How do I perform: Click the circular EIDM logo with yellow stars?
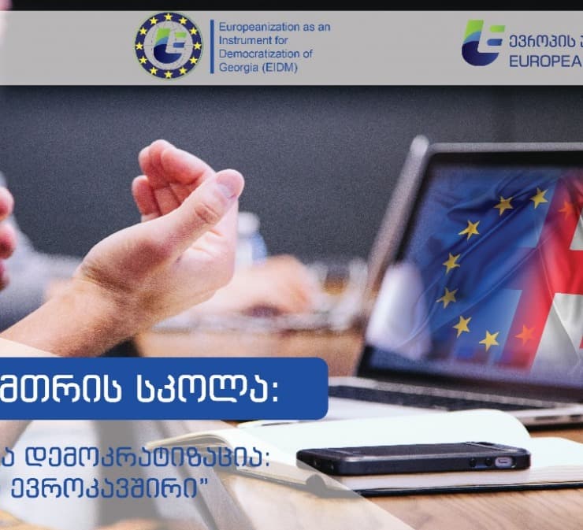pos(169,45)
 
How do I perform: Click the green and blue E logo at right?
pos(482,43)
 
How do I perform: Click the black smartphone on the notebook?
pos(414,458)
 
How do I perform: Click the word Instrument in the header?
pos(241,40)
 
